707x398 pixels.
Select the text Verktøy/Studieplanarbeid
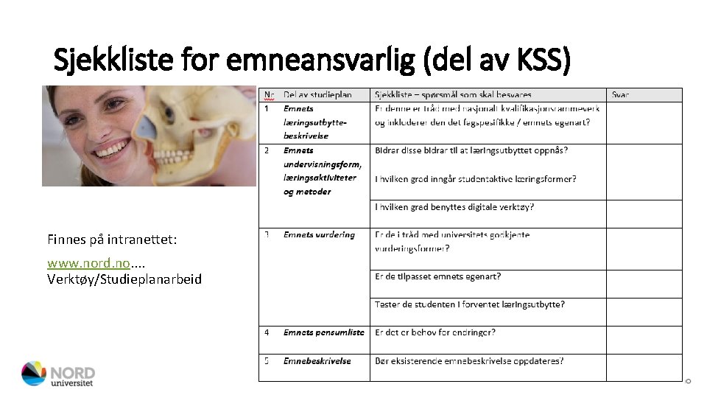(x=124, y=279)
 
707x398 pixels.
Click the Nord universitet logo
(x=58, y=374)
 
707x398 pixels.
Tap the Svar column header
(x=621, y=94)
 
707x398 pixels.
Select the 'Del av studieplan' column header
(x=317, y=94)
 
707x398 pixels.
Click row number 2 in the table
(x=267, y=150)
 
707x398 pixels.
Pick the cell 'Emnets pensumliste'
(x=323, y=332)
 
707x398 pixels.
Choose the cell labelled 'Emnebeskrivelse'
(x=317, y=361)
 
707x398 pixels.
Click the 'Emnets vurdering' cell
(x=319, y=235)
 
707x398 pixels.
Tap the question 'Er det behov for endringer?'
(x=435, y=332)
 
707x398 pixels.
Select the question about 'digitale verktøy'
(x=454, y=207)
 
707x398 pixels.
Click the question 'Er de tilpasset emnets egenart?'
(x=438, y=276)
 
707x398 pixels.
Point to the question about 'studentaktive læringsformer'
(x=476, y=179)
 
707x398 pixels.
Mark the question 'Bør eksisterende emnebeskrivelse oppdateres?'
(x=470, y=361)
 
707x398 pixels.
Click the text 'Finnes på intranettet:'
(x=111, y=240)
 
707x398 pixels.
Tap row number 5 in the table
(x=267, y=361)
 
